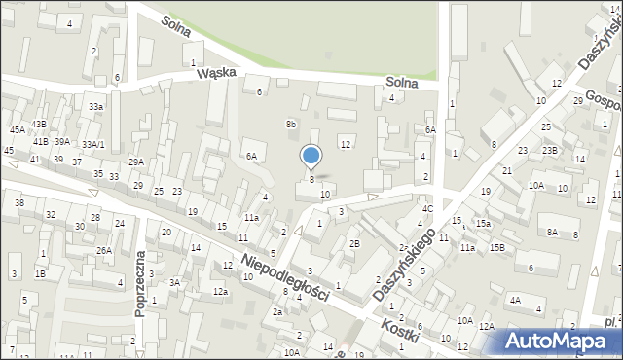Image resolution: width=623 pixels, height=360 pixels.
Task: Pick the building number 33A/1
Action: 93,144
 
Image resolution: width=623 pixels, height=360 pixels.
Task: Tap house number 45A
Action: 18,129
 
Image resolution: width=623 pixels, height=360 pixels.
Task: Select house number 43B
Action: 38,124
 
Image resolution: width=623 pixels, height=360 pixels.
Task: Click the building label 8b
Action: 290,124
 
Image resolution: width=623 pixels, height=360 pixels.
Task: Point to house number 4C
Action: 426,208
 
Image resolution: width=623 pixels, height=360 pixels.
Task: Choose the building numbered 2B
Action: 354,243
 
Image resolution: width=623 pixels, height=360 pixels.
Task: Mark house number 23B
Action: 550,150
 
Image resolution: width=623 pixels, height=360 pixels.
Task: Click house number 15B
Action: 496,247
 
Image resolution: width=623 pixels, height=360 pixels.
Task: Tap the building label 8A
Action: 552,232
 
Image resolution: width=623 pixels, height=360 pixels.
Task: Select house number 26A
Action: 103,250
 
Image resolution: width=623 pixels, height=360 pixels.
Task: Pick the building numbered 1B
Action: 40,273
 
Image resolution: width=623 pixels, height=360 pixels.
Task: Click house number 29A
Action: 135,162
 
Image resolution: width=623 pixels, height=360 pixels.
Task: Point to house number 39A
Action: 61,142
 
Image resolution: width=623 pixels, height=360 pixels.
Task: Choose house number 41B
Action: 41,142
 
